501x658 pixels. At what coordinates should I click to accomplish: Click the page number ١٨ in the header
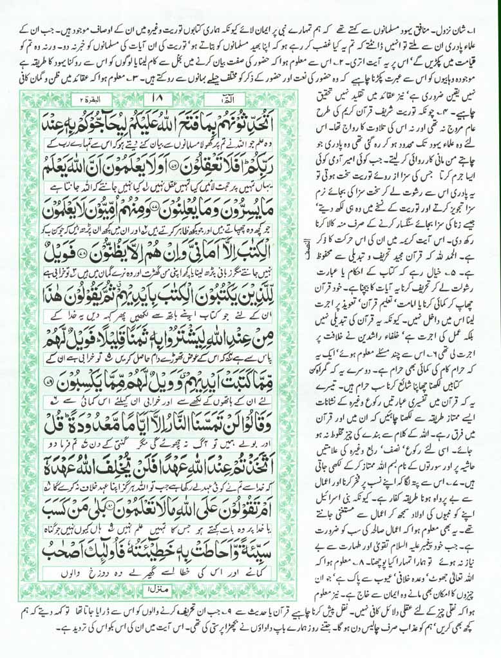[156, 100]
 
